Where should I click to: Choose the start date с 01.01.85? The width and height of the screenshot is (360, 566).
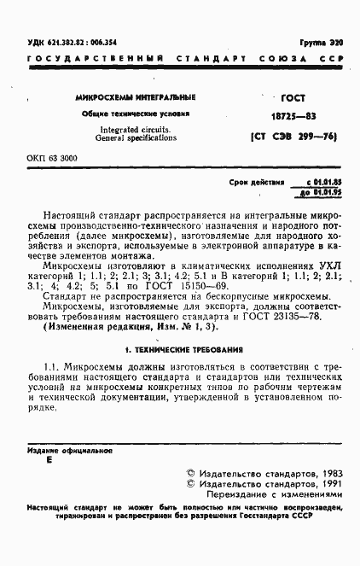point(323,183)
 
